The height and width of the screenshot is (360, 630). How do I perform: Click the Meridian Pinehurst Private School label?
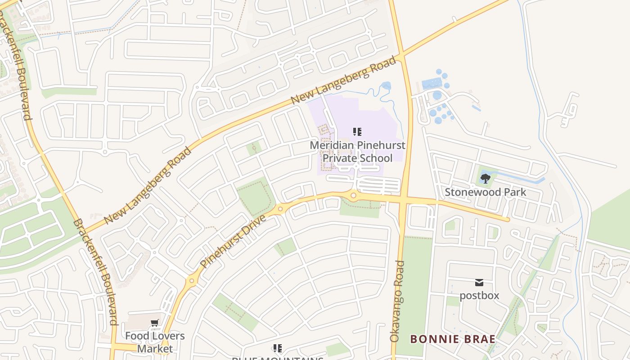point(357,152)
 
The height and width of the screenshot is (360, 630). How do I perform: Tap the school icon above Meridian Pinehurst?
point(357,132)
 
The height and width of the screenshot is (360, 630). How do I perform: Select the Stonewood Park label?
point(486,192)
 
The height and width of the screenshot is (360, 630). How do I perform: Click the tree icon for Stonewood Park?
point(485,179)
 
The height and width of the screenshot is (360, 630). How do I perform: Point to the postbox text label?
point(479,296)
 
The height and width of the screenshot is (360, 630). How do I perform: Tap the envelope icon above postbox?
point(479,283)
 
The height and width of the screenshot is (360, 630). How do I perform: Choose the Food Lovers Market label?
point(155,342)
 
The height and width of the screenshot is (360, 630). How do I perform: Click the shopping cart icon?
point(155,322)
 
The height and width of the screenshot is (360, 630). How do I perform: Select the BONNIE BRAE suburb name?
point(453,339)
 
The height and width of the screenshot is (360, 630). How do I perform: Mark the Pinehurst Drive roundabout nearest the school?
point(353,195)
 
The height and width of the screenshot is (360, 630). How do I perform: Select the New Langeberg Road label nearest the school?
point(344,80)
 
